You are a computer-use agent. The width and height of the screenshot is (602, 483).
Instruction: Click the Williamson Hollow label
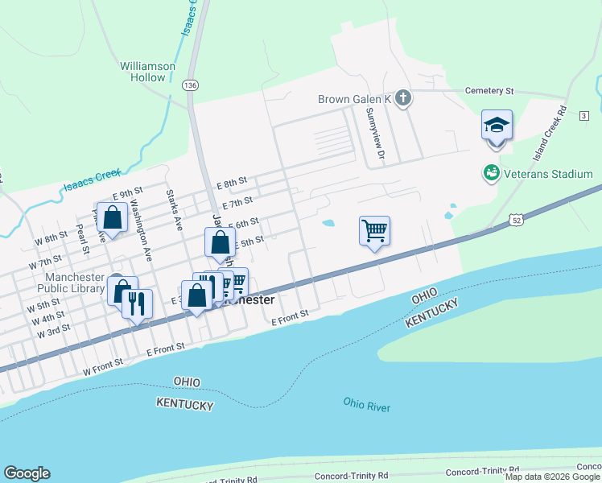click(x=142, y=72)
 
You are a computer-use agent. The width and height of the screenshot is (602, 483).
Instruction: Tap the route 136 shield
click(x=190, y=85)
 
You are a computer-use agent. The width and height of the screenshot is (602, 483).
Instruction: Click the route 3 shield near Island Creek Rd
click(x=583, y=117)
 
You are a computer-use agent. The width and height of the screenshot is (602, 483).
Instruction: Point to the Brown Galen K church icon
click(x=404, y=99)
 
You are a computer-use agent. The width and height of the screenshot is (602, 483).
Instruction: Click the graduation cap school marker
click(x=497, y=126)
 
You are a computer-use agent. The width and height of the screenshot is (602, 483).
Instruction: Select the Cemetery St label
click(x=486, y=92)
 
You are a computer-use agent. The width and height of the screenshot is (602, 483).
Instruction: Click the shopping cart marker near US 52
click(x=375, y=231)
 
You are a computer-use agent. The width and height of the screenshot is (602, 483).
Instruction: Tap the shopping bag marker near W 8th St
click(x=113, y=217)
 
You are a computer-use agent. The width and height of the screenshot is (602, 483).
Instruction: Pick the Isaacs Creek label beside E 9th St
click(x=92, y=180)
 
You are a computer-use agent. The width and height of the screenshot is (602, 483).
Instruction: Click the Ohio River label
click(x=366, y=404)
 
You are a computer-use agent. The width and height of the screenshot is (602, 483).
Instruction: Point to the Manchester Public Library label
click(x=70, y=283)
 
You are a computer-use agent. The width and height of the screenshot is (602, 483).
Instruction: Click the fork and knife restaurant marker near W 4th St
click(x=137, y=303)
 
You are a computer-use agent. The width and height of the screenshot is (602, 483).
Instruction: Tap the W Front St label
click(x=103, y=364)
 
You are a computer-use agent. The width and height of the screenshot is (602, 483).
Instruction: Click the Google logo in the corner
click(x=27, y=473)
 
